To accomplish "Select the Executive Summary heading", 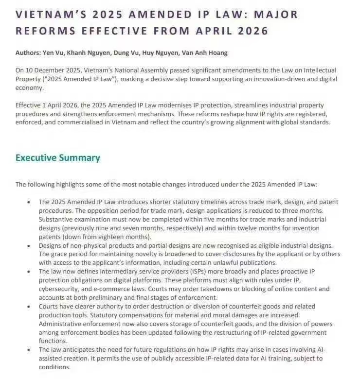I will (x=58, y=157).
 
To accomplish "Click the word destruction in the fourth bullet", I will (x=174, y=307).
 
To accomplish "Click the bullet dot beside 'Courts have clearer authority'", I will (x=28, y=307).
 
